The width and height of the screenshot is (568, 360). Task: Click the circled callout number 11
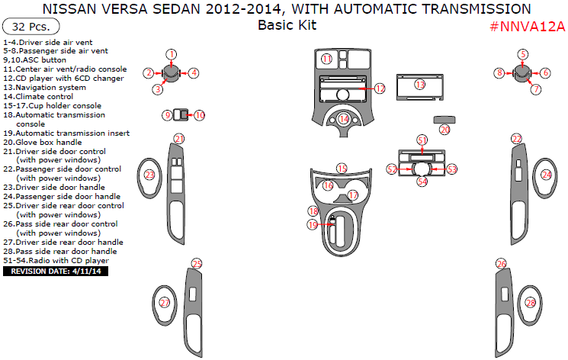tap(326, 59)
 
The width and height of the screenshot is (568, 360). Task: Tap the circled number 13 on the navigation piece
tap(419, 84)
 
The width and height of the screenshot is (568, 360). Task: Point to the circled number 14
tap(344, 119)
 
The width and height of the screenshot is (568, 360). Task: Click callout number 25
tap(196, 264)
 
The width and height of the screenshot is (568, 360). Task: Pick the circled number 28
tap(531, 303)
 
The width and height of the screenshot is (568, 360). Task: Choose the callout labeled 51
tap(422, 140)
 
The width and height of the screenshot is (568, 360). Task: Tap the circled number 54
tap(422, 182)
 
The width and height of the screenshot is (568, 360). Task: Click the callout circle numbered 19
tap(313, 225)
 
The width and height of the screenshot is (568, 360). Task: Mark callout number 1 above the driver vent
tap(172, 54)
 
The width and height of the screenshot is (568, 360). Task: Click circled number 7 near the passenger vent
tap(536, 89)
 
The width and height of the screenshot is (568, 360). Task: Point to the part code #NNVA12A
tap(527, 27)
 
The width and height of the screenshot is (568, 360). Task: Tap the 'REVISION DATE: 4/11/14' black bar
tap(56, 271)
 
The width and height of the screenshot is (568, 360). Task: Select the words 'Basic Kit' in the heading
tap(287, 25)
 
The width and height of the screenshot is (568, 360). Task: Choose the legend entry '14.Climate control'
tap(38, 97)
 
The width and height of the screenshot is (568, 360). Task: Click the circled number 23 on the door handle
tap(149, 175)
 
